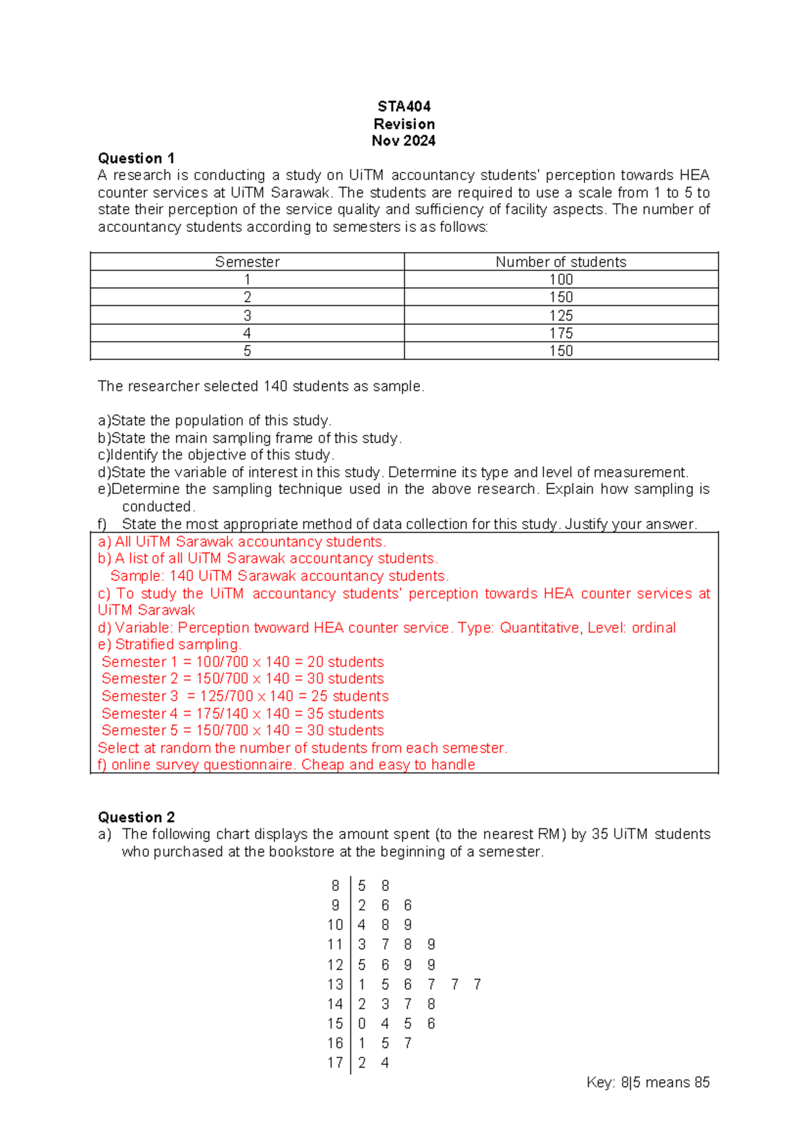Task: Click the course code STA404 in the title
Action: click(x=404, y=106)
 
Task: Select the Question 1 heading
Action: click(x=136, y=158)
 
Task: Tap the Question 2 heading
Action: click(x=136, y=817)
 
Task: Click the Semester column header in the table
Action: click(x=247, y=262)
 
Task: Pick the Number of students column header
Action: click(x=561, y=262)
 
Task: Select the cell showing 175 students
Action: click(x=561, y=333)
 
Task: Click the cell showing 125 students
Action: click(x=561, y=315)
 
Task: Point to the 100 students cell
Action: click(x=561, y=280)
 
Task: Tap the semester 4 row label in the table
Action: click(x=247, y=333)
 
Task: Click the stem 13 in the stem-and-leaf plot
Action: click(x=335, y=985)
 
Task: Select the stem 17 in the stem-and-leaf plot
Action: click(x=335, y=1063)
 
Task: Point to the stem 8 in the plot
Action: click(x=336, y=886)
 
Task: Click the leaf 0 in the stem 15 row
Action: click(x=362, y=1024)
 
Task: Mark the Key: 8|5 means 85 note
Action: click(x=648, y=1082)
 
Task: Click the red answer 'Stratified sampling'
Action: click(x=178, y=644)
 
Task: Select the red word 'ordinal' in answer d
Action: click(x=654, y=627)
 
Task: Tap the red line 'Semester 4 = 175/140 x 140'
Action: click(x=243, y=713)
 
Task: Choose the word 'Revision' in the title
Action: click(x=404, y=124)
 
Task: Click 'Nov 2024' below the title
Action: click(x=404, y=141)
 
